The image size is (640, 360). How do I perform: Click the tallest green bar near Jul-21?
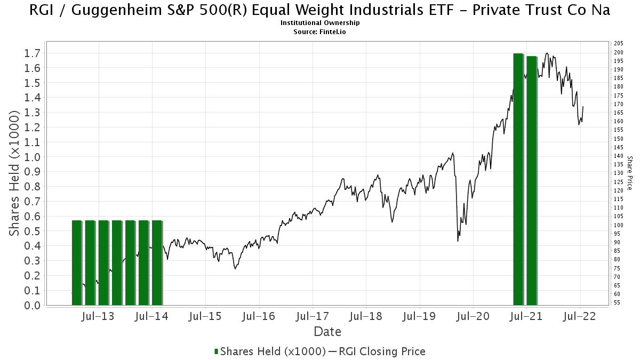pos(518,179)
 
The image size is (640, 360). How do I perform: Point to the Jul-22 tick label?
pos(580,316)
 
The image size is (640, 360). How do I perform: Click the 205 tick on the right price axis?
pos(619,44)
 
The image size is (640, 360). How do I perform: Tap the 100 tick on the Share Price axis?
pos(619,225)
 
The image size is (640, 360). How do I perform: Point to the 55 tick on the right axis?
pos(617,303)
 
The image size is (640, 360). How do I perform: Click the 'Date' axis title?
pos(327,332)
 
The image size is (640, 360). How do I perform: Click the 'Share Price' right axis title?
pos(630,173)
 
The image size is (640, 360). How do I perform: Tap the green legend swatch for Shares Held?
pos(216,351)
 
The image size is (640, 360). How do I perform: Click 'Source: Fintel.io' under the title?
pos(320,31)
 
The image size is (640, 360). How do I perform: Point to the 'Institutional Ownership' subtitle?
pos(320,23)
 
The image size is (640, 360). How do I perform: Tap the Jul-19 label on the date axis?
pos(419,316)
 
